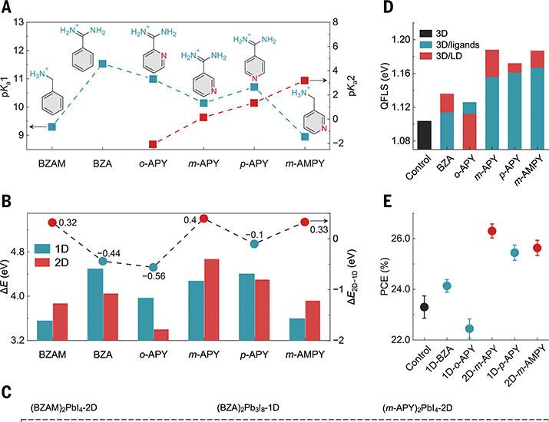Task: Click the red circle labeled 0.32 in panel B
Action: (x=52, y=223)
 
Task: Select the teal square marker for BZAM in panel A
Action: (x=51, y=127)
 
